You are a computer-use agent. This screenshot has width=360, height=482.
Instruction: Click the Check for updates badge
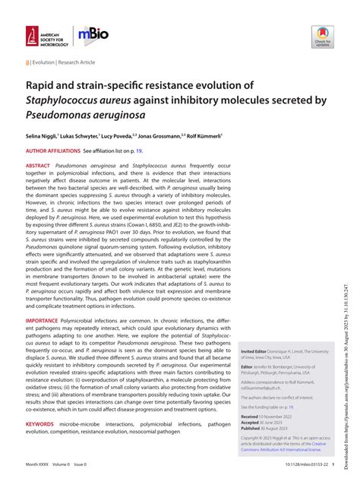click(x=322, y=36)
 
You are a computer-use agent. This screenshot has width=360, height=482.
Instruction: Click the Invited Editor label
click(x=256, y=331)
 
